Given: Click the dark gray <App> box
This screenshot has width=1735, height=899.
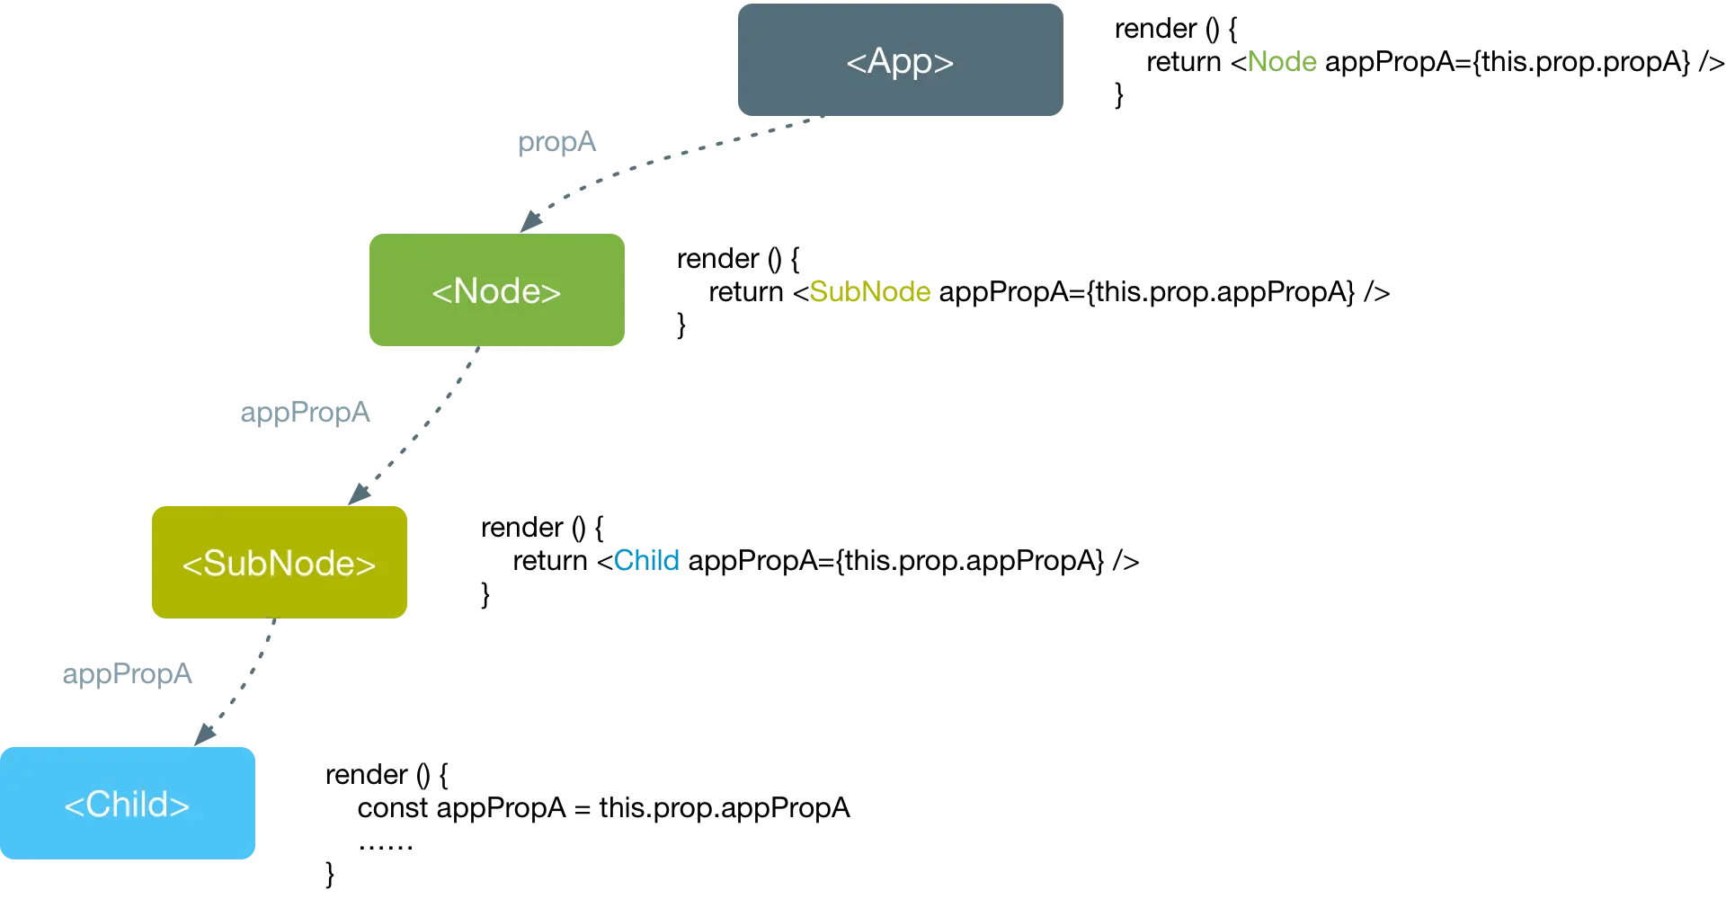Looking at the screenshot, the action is point(900,59).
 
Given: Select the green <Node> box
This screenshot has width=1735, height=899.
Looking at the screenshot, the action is point(496,289).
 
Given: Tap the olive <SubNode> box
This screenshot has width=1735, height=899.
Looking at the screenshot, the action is point(279,562).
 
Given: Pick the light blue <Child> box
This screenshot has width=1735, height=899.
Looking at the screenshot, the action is point(127,803).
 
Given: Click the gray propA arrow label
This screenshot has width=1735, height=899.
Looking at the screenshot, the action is point(556,142).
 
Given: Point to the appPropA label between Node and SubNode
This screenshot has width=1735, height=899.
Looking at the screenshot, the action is point(305,413).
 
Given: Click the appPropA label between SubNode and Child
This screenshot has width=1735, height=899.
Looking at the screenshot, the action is point(127,674).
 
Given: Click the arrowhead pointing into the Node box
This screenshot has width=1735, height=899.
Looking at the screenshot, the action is point(530,221).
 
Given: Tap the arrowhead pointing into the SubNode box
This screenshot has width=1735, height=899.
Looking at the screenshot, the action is point(359,494).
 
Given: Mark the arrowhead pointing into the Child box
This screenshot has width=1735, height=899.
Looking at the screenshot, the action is point(205,734).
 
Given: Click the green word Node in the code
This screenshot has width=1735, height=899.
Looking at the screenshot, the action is point(1282,62).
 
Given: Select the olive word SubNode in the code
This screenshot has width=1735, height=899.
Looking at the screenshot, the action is point(869,292).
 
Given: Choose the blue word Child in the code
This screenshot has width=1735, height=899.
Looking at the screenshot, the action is point(646,561).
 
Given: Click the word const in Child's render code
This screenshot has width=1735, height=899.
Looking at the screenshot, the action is point(393,808).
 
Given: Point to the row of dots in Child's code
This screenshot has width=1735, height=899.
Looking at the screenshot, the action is point(386,846).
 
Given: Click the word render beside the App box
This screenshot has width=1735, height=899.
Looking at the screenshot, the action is point(1155,29).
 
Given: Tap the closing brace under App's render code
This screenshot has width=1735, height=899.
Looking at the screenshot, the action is point(1119,94).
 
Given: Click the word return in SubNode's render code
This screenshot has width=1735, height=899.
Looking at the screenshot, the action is point(549,561).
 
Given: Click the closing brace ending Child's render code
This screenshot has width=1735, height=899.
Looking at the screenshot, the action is point(330,874).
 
